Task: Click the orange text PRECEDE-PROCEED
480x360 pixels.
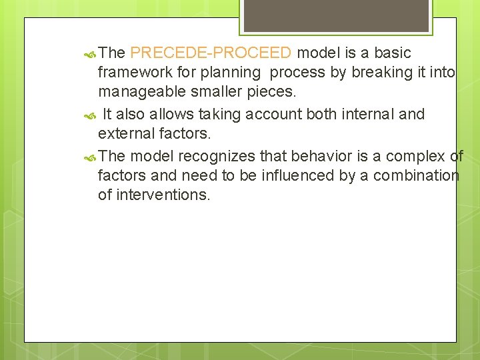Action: (x=211, y=53)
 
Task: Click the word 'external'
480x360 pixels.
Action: (x=125, y=134)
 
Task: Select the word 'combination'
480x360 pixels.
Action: (x=416, y=175)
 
